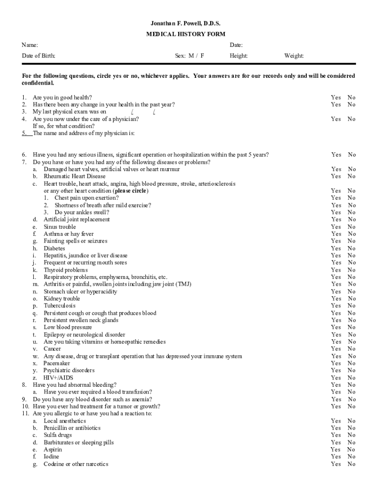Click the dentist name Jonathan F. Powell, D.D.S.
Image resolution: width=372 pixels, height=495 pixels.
[x=186, y=23]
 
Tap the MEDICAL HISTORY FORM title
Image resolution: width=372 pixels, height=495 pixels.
[x=186, y=34]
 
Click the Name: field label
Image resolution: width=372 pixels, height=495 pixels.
[x=30, y=45]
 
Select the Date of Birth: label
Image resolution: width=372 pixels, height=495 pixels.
[x=39, y=56]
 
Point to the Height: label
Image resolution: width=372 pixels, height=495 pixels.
[x=239, y=56]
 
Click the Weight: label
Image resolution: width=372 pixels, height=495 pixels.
[x=294, y=56]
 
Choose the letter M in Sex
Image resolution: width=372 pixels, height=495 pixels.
[x=192, y=56]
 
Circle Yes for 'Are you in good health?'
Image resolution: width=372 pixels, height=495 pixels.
[x=336, y=97]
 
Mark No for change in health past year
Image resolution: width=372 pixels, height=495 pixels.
[x=351, y=104]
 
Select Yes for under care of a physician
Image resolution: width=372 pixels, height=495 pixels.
[x=336, y=119]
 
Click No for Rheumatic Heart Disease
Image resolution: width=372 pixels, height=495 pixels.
[x=351, y=176]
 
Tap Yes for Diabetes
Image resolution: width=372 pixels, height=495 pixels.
[x=336, y=248]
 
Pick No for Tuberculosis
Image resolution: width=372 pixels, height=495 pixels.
[x=351, y=306]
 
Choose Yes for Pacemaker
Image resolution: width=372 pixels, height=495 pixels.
[x=336, y=363]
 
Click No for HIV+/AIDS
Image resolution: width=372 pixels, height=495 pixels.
[x=351, y=378]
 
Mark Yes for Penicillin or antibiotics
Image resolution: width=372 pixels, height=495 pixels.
[x=336, y=428]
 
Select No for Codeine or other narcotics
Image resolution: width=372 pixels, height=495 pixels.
[x=351, y=464]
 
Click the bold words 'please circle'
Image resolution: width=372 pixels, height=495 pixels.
[x=130, y=191]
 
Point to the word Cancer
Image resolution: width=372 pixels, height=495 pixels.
[x=52, y=349]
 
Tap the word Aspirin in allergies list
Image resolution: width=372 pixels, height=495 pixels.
[x=53, y=450]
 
